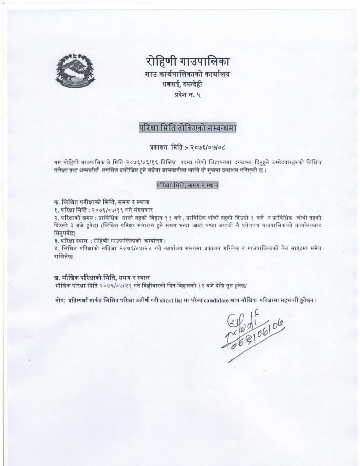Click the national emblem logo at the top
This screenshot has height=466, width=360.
[75, 72]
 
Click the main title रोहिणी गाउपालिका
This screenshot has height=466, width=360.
[187, 62]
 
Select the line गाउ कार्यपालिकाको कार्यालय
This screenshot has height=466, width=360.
[187, 75]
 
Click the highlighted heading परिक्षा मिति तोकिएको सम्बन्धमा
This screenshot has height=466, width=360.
[187, 126]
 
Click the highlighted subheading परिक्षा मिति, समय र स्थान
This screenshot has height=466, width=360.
[187, 185]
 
